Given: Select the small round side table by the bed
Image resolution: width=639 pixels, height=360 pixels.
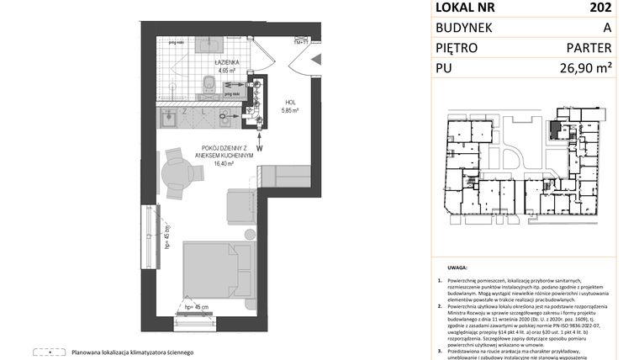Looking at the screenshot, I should coord(248,235).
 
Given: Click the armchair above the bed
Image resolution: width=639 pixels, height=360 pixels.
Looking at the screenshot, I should coord(241,204).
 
